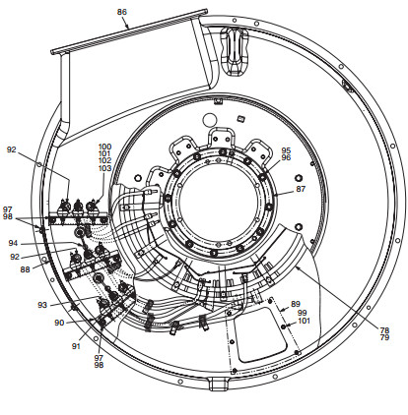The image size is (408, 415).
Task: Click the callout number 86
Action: click(122, 12)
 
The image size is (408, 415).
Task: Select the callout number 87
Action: click(301, 189)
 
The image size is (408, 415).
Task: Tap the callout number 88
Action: click(25, 269)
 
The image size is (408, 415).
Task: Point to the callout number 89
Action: click(296, 304)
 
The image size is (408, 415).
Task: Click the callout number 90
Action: click(59, 323)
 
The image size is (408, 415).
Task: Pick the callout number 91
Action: click(76, 346)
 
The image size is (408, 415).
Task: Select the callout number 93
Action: click(42, 305)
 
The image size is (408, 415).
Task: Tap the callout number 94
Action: click(13, 243)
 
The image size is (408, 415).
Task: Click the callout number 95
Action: click(286, 150)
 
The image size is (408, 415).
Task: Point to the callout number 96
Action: click(286, 157)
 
